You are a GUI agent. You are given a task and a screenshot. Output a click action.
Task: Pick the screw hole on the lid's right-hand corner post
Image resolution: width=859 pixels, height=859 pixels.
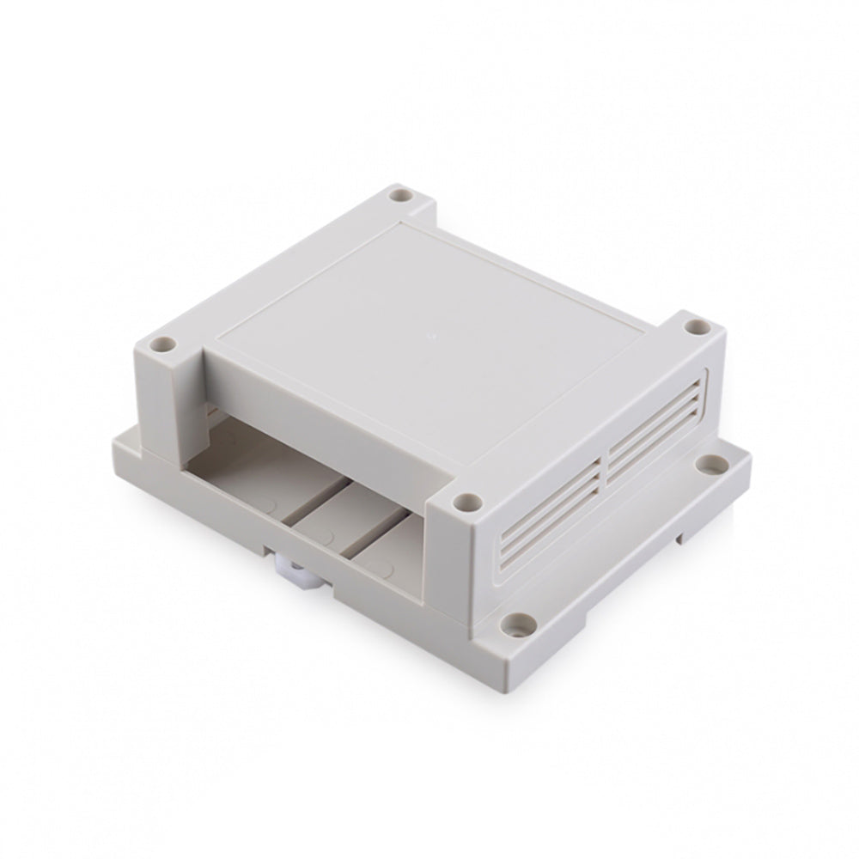pyautogui.click(x=695, y=327)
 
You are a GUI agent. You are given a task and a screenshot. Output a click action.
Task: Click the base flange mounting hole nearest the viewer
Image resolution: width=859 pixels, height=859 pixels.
pyautogui.click(x=517, y=619)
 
